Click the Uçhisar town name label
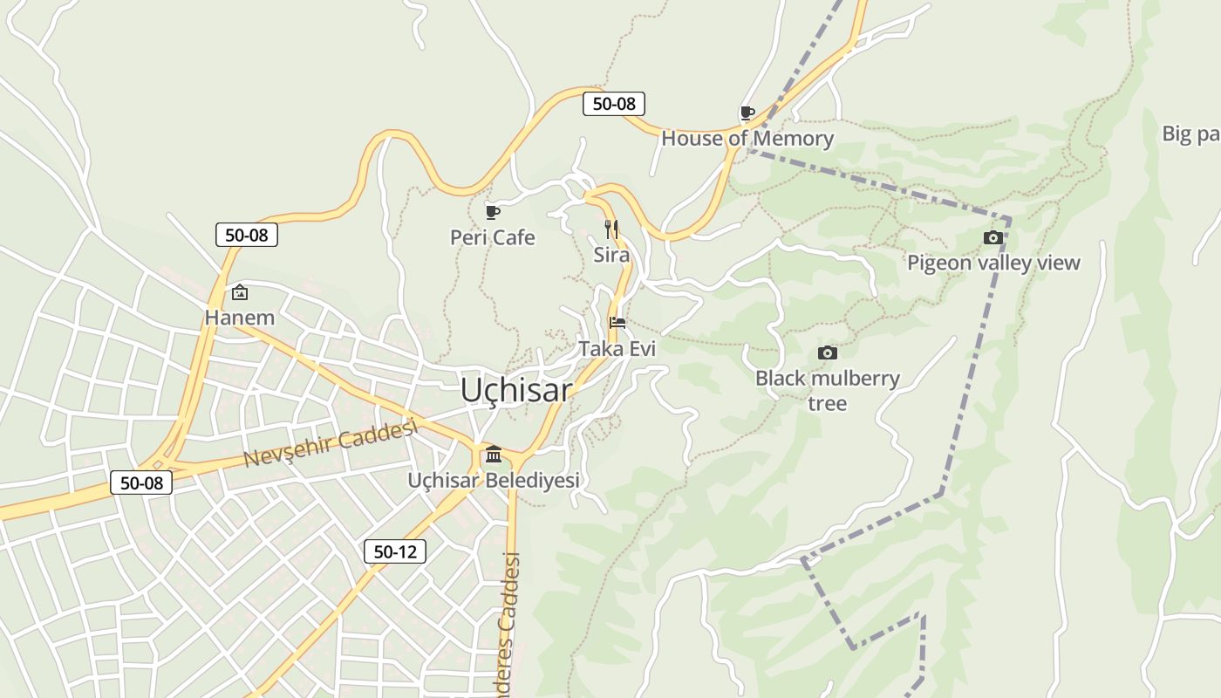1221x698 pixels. pyautogui.click(x=516, y=390)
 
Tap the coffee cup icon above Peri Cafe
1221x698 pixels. pyautogui.click(x=493, y=212)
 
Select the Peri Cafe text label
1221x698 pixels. pyautogui.click(x=493, y=237)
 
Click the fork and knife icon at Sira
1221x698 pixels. pyautogui.click(x=611, y=229)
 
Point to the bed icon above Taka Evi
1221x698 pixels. pyautogui.click(x=617, y=323)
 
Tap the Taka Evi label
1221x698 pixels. pyautogui.click(x=617, y=349)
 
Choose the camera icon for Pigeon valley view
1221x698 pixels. pyautogui.click(x=993, y=237)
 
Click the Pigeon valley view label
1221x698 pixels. pyautogui.click(x=993, y=263)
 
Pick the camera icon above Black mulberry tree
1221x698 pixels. pyautogui.click(x=828, y=352)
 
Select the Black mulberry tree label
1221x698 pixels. pyautogui.click(x=828, y=390)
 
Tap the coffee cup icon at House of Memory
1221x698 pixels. pyautogui.click(x=747, y=113)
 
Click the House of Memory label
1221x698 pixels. pyautogui.click(x=747, y=139)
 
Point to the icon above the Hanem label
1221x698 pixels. pyautogui.click(x=240, y=292)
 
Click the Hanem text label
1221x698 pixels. pyautogui.click(x=240, y=318)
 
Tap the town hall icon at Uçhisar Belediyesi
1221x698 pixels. pyautogui.click(x=494, y=454)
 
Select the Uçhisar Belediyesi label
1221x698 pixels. pyautogui.click(x=494, y=480)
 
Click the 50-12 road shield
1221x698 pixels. pyautogui.click(x=395, y=551)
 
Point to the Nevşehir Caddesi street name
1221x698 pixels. pyautogui.click(x=331, y=442)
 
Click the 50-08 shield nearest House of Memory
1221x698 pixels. pyautogui.click(x=614, y=104)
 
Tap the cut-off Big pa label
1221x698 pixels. pyautogui.click(x=1191, y=133)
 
